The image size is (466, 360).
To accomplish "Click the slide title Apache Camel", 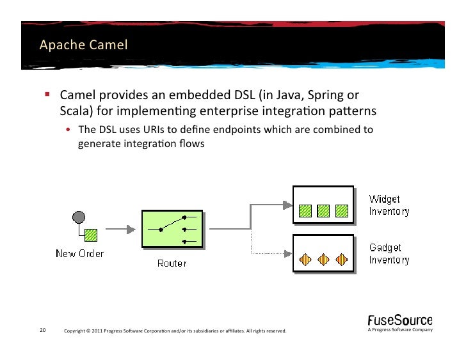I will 83,45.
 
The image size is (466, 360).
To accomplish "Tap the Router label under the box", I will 172,263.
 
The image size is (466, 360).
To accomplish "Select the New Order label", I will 79,253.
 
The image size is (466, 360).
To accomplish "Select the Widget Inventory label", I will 389,205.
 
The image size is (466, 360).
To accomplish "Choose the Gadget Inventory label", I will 389,253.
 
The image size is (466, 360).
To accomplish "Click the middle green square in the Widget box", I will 324,209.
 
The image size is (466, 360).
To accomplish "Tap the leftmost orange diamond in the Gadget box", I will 307,259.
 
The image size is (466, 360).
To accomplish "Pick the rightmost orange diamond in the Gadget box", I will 342,259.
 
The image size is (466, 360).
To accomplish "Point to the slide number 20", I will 42,331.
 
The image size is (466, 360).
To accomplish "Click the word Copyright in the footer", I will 77,331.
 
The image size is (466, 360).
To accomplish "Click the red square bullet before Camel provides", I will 47,95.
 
